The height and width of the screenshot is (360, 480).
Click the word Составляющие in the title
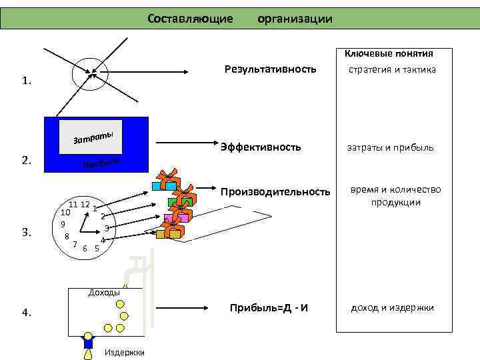(x=190, y=19)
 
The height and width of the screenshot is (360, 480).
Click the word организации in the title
(x=295, y=19)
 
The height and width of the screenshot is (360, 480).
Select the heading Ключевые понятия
(x=389, y=53)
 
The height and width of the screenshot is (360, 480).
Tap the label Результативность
(x=270, y=69)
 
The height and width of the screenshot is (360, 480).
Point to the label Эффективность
(x=261, y=147)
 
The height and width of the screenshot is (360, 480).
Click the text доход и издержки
(x=393, y=307)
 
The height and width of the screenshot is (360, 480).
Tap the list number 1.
(x=26, y=81)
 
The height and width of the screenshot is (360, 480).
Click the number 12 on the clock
(x=85, y=203)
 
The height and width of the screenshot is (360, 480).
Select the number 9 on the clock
(x=62, y=224)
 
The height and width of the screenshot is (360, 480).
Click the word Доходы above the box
(x=104, y=292)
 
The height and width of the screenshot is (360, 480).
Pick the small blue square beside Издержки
(x=88, y=343)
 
